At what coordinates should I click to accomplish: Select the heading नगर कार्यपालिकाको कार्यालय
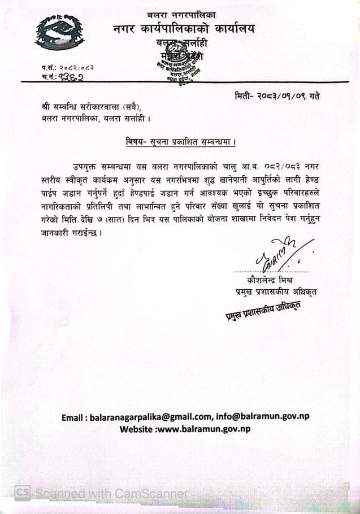tap(183, 29)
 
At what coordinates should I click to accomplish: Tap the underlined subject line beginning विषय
tap(180, 141)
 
